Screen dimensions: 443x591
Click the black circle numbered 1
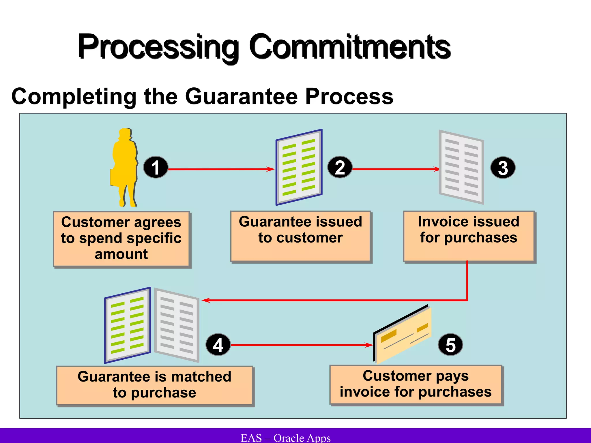tap(156, 168)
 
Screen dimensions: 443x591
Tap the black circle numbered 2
tap(340, 168)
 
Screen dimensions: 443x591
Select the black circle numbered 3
tap(503, 168)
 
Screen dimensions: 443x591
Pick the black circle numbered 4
tap(218, 345)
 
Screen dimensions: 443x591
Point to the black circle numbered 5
tap(450, 345)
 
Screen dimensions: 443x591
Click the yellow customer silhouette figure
tap(125, 164)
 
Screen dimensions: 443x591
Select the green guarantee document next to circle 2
tap(299, 167)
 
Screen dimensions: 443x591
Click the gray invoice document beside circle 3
tap(461, 167)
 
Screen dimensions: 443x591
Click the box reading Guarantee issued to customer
tap(300, 236)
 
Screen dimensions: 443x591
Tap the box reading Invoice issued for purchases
tap(469, 236)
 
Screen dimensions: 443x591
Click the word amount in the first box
tap(121, 254)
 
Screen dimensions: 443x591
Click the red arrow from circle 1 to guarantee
tap(221, 169)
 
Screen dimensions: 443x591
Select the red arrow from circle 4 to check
tap(300, 345)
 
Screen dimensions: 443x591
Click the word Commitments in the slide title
tap(350, 47)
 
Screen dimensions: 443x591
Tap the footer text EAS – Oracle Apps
tap(286, 438)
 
